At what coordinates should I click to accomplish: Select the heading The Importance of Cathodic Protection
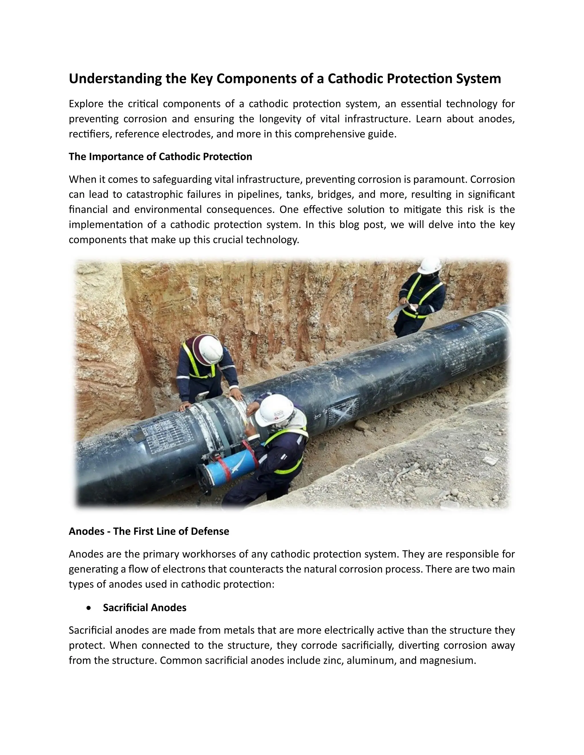[160, 157]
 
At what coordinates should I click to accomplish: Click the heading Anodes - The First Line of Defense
[149, 531]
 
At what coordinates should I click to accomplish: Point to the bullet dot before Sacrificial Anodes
[89, 608]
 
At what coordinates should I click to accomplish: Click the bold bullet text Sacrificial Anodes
[144, 608]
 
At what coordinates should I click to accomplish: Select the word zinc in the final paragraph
[333, 661]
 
